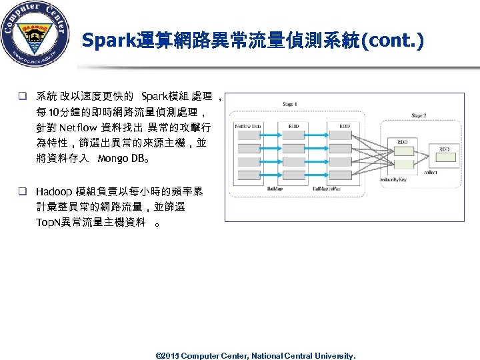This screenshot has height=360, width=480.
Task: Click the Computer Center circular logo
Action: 35,35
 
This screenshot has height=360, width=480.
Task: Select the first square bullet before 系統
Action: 22,97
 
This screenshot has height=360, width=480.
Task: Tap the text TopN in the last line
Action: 48,223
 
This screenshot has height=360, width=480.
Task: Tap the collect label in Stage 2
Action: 449,172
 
